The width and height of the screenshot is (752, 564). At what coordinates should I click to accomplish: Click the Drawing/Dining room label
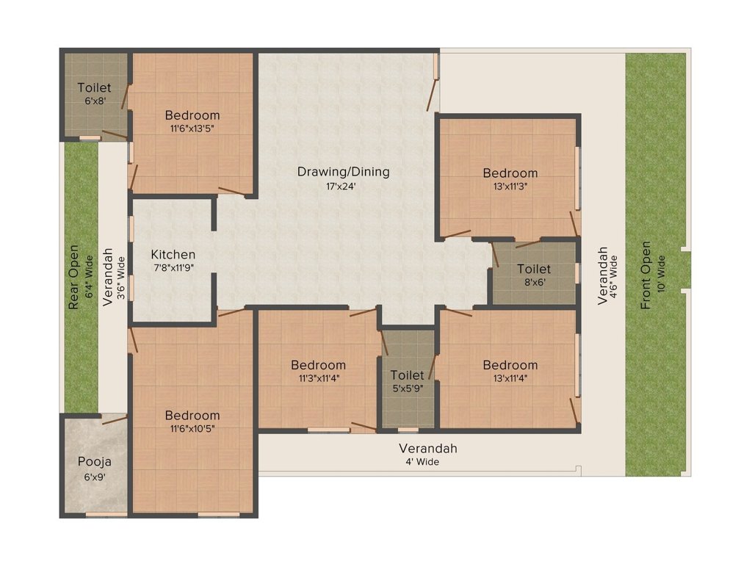pos(343,172)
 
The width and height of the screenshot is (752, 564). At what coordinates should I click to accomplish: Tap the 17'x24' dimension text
pos(343,186)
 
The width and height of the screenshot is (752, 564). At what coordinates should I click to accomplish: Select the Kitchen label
pos(173,255)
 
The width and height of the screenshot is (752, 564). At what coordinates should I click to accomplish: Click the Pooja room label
pos(94,462)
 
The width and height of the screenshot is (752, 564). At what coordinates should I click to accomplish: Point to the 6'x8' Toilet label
pos(94,88)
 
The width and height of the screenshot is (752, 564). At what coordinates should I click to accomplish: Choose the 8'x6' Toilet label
pos(533,269)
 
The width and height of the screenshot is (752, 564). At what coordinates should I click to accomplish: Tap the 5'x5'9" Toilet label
pos(408,375)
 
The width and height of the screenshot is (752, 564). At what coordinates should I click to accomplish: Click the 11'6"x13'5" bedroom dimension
pos(192,128)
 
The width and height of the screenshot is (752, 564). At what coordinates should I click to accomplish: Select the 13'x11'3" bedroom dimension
pos(510,186)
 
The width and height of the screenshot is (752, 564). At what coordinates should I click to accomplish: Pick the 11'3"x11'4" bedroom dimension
pos(318,378)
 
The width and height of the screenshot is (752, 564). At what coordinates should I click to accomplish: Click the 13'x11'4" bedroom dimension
pos(510,378)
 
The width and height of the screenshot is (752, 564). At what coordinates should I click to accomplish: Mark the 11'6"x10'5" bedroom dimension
pos(192,428)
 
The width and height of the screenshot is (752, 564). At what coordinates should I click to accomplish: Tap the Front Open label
pos(646,275)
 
